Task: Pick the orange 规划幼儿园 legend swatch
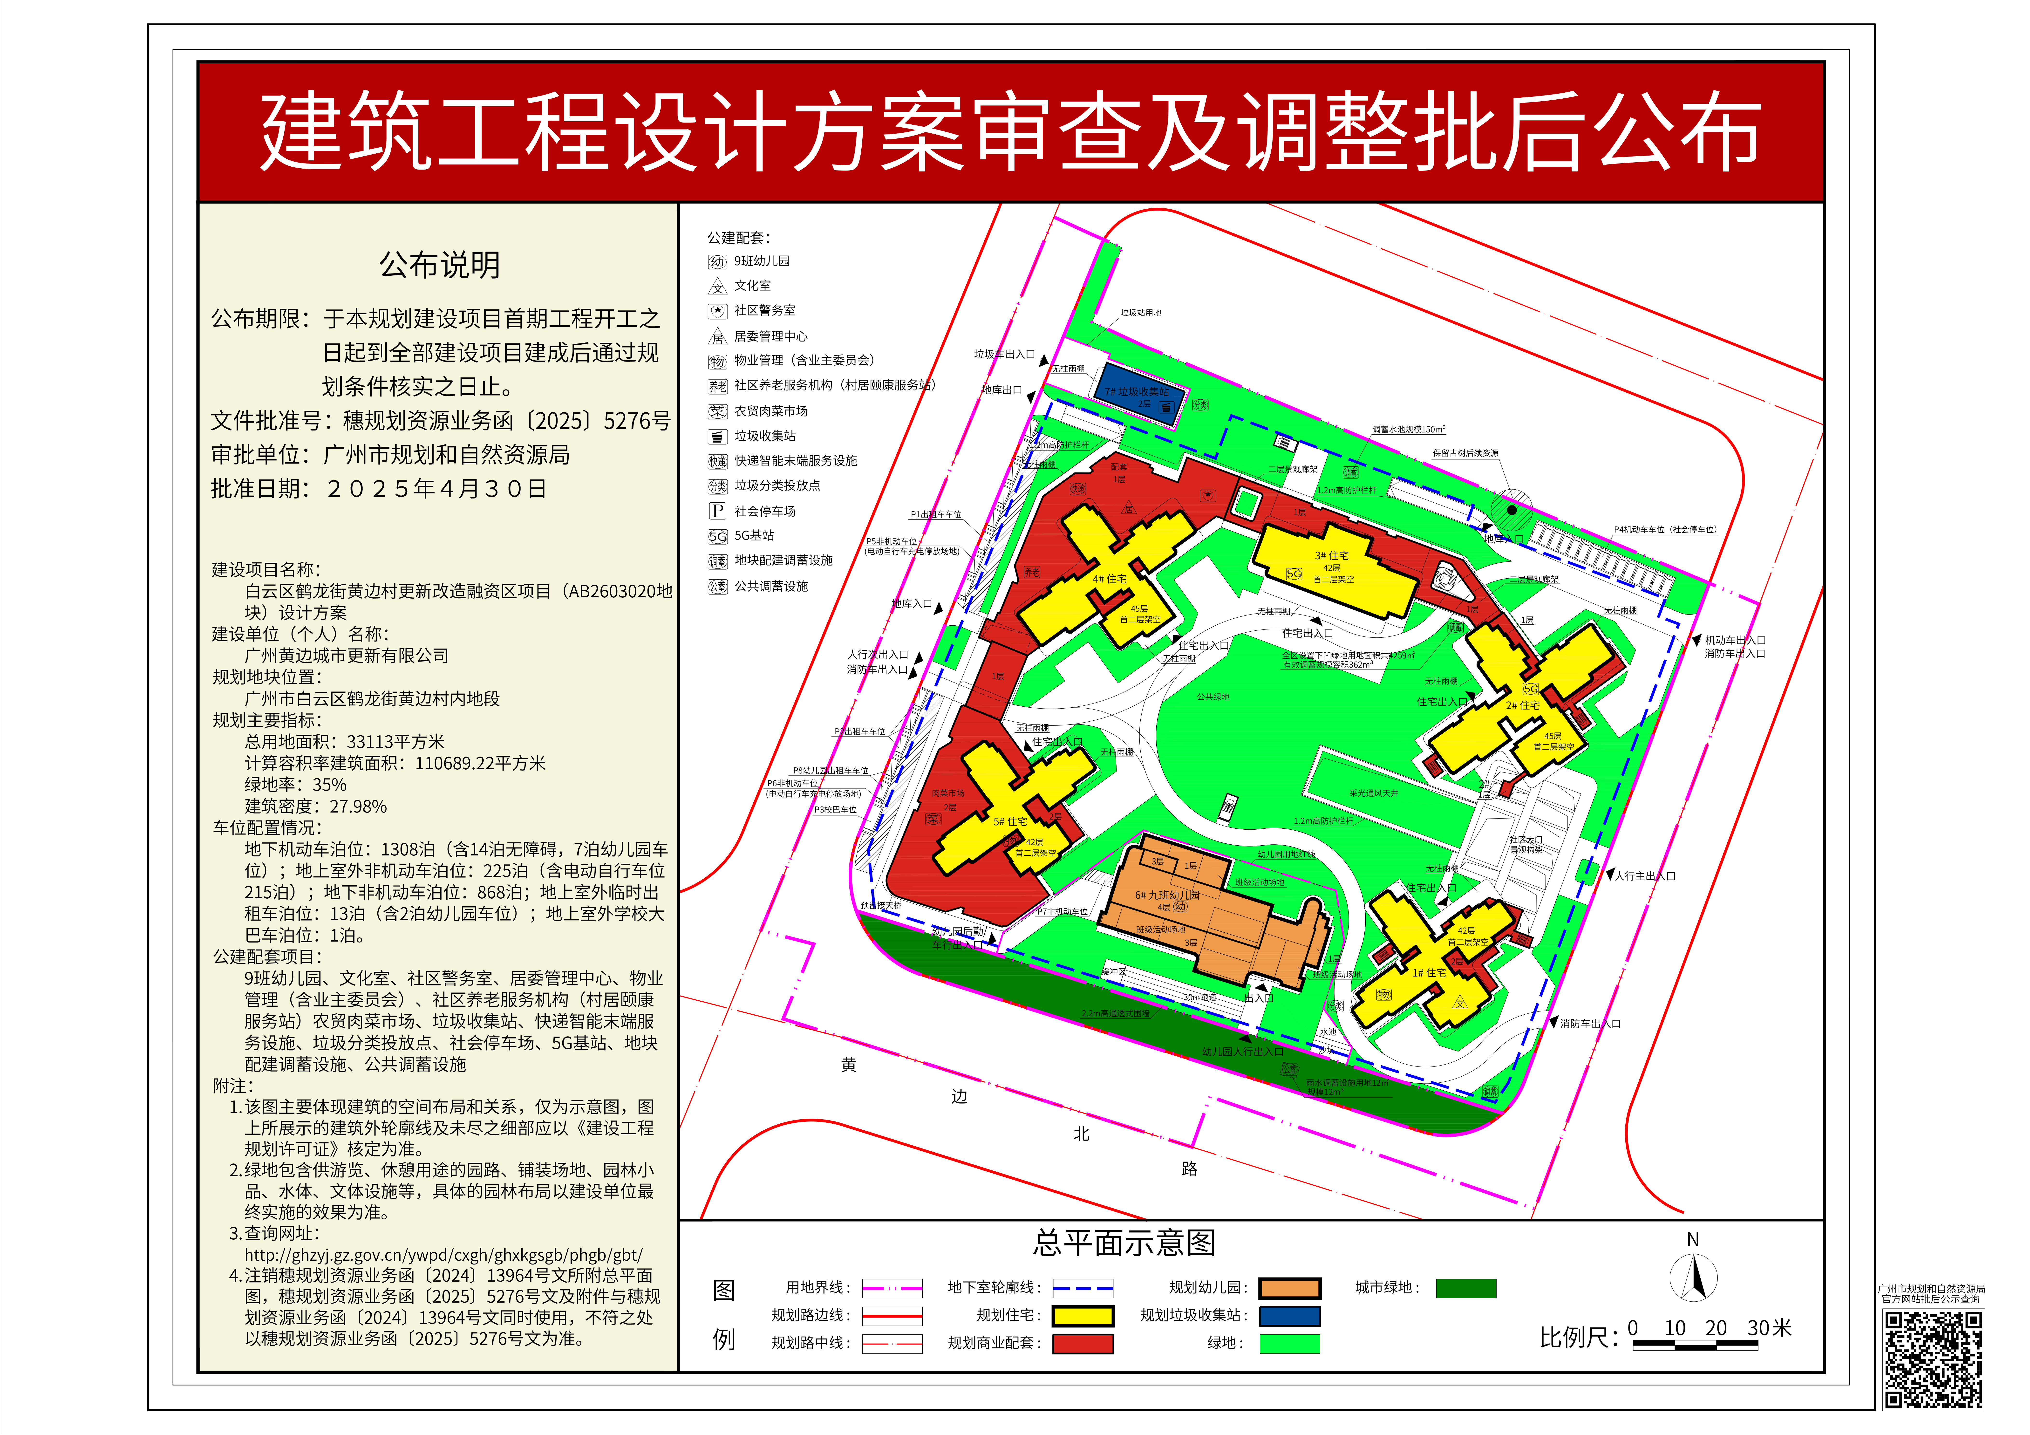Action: tap(1289, 1288)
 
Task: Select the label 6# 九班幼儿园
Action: tap(1167, 895)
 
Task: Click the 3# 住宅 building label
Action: tap(1332, 555)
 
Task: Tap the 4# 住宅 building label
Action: tap(1110, 579)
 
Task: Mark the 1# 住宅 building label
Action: tap(1429, 973)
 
